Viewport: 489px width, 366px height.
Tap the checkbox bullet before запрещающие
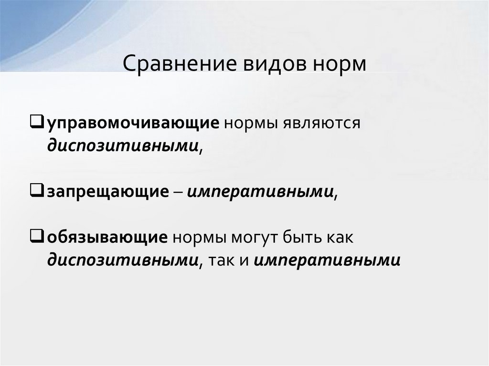pyautogui.click(x=40, y=191)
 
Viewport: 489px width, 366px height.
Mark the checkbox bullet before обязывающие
pyautogui.click(x=40, y=237)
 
